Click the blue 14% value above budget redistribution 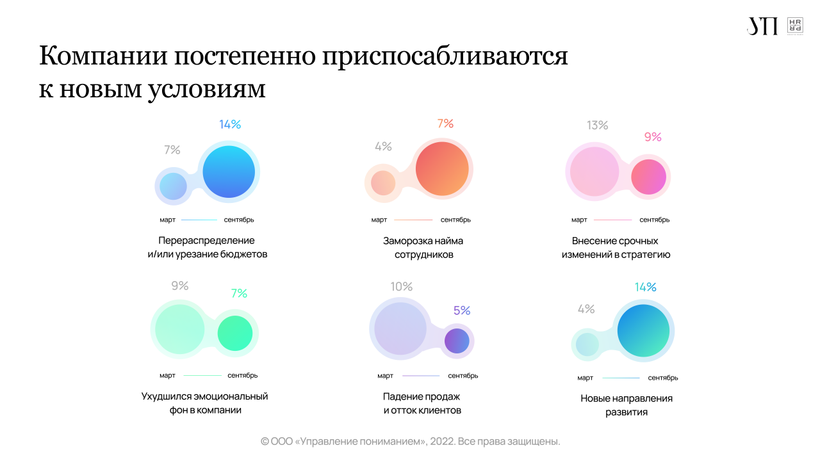230,125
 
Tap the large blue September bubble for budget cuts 229,172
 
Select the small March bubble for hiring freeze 383,183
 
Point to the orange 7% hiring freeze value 445,124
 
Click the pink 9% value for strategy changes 653,137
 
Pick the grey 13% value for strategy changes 597,125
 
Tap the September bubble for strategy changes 648,177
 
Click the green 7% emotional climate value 239,293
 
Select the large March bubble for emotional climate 180,329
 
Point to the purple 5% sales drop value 462,311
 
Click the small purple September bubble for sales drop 457,341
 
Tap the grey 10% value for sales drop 402,287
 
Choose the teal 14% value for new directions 646,287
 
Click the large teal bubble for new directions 643,331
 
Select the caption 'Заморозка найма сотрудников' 423,248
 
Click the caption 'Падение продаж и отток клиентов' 422,403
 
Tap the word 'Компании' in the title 102,56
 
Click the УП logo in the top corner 762,26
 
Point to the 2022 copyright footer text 410,442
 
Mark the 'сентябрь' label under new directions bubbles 662,378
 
